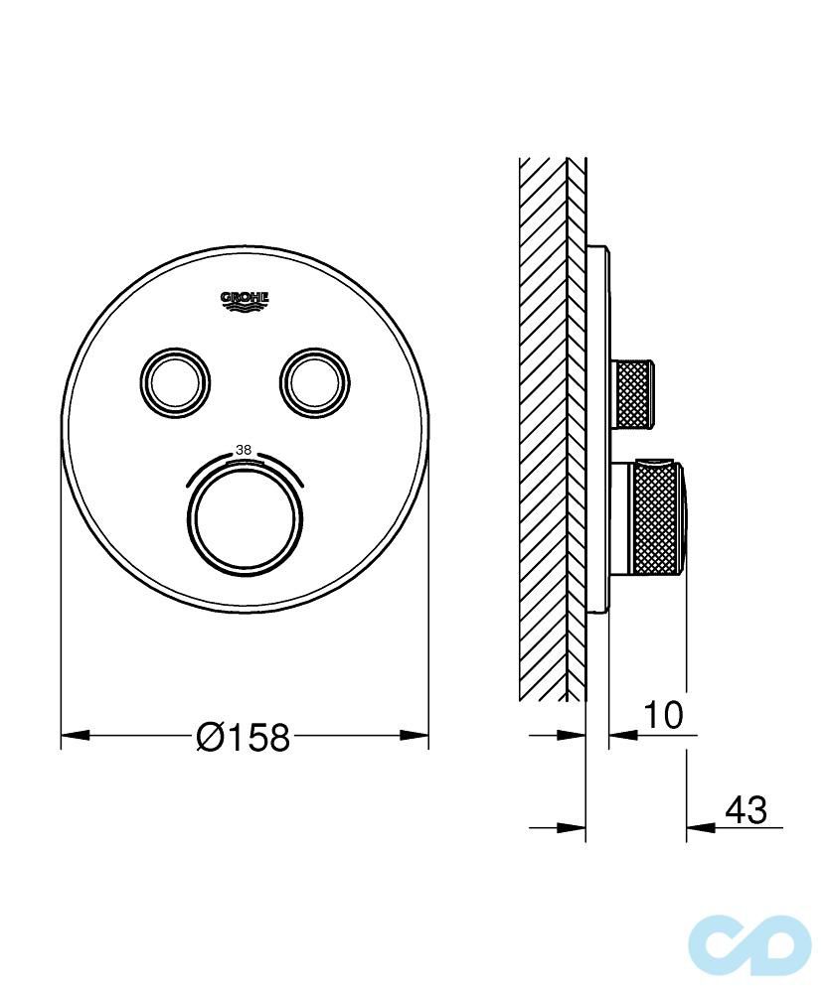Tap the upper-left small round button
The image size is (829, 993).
[x=175, y=378]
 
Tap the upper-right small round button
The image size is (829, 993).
[x=315, y=378]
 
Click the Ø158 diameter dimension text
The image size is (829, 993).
[x=245, y=737]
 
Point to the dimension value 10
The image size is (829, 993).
[x=663, y=714]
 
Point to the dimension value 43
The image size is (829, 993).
[x=746, y=810]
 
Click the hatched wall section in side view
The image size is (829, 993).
[x=544, y=427]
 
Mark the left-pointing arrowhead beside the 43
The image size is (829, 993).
[x=699, y=826]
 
